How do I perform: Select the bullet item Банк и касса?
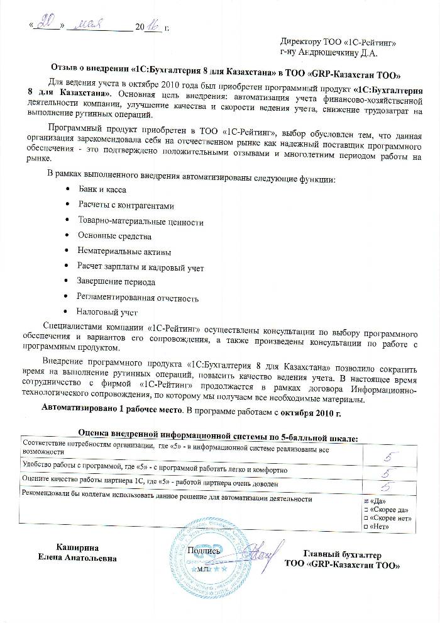tap(102, 189)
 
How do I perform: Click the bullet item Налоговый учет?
tap(107, 311)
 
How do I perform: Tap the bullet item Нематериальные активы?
tap(124, 252)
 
